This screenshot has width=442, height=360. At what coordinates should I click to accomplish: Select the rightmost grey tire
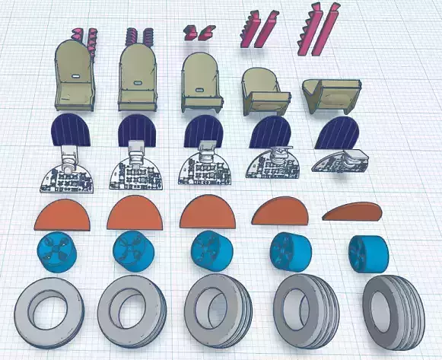pyautogui.click(x=389, y=304)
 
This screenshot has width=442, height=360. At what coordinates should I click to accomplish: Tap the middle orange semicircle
pyautogui.click(x=209, y=212)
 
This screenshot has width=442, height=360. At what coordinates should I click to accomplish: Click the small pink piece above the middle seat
pyautogui.click(x=200, y=30)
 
